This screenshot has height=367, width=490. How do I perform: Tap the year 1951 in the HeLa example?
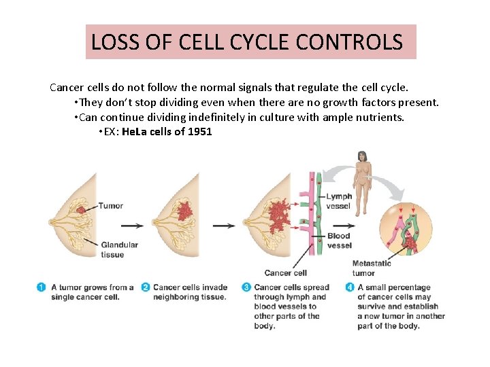pos(198,132)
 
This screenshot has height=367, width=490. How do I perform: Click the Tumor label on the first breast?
pos(110,205)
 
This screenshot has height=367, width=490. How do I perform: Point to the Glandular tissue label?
pos(119,249)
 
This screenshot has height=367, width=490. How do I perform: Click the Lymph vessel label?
pos(339,200)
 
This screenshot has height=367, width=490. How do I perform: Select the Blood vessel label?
pos(339,241)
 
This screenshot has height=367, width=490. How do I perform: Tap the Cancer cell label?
pos(285,273)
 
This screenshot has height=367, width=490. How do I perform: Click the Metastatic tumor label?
pos(372,268)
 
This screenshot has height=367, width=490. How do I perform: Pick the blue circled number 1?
pos(42,287)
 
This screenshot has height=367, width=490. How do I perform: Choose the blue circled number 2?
pos(145,287)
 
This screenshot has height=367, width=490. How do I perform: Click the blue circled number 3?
pos(246,287)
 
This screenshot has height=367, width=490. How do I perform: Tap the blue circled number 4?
pos(350,287)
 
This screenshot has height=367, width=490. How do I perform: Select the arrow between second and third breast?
pos(224,226)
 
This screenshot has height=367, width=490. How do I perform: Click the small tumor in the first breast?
pos(82,210)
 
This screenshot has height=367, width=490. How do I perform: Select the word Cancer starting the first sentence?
pos(66,88)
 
